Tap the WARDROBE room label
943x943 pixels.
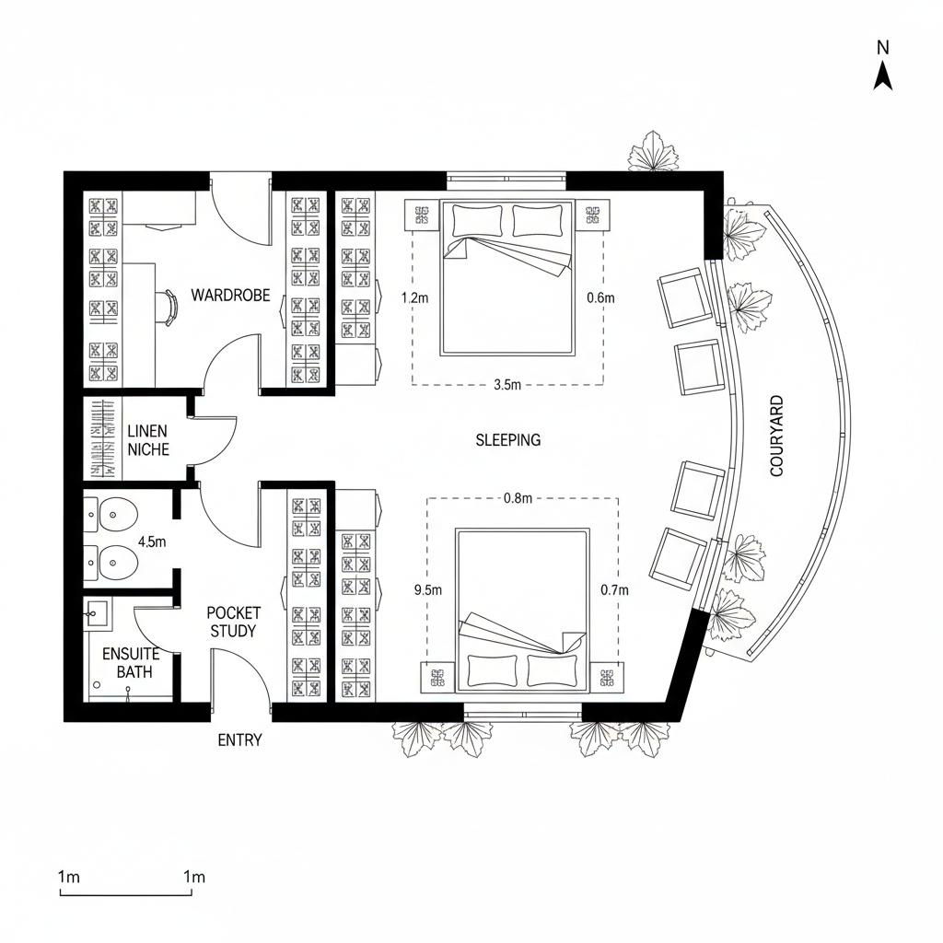pyautogui.click(x=230, y=296)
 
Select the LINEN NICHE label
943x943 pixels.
pyautogui.click(x=147, y=440)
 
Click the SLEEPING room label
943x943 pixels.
pyautogui.click(x=507, y=440)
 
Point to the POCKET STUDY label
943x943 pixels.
pyautogui.click(x=233, y=622)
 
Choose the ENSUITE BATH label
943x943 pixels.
pyautogui.click(x=131, y=663)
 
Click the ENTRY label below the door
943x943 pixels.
pyautogui.click(x=239, y=739)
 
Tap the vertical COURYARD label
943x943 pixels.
pyautogui.click(x=776, y=436)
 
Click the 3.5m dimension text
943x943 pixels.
pyautogui.click(x=507, y=385)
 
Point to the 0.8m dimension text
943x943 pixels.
pyautogui.click(x=518, y=498)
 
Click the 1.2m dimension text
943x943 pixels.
pyautogui.click(x=416, y=297)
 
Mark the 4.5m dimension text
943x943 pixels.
pyautogui.click(x=151, y=541)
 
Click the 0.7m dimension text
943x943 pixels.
pyautogui.click(x=613, y=590)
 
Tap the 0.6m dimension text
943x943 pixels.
pyautogui.click(x=600, y=297)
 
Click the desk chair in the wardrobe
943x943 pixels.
pyautogui.click(x=169, y=307)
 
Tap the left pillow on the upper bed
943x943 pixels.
pyautogui.click(x=477, y=221)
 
